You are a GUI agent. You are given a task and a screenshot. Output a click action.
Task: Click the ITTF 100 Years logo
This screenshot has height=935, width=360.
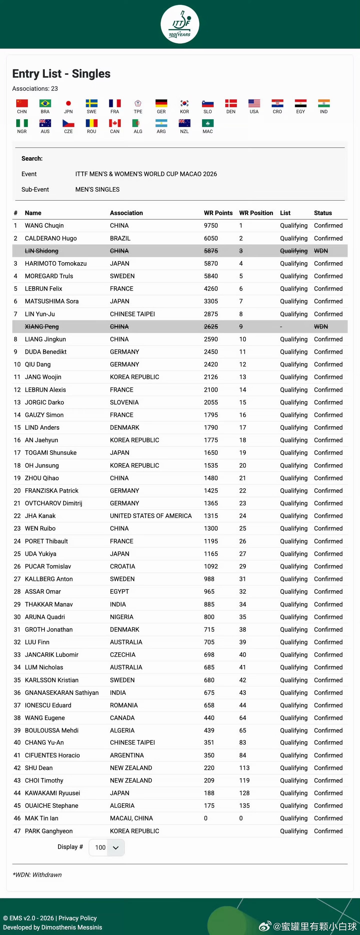tap(180, 24)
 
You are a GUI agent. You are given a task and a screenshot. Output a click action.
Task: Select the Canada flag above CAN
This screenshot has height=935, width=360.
tap(115, 123)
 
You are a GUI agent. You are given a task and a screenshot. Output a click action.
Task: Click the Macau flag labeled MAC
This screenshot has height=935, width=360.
tap(207, 123)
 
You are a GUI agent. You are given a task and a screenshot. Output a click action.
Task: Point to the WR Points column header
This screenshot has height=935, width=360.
tap(218, 213)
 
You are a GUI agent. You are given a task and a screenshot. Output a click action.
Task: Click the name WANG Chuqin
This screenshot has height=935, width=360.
tap(44, 225)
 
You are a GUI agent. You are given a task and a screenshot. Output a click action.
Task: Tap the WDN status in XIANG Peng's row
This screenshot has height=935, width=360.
tap(321, 327)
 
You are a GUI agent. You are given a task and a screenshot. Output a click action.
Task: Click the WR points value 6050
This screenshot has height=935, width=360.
tap(211, 238)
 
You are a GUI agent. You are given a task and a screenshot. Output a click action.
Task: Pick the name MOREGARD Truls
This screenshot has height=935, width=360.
tap(49, 276)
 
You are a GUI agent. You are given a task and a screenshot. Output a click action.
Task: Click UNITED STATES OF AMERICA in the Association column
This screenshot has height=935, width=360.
tap(150, 516)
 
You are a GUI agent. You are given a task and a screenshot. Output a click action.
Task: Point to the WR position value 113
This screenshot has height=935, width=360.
tap(244, 768)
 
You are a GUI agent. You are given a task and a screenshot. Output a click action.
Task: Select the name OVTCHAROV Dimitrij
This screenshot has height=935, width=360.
tap(53, 503)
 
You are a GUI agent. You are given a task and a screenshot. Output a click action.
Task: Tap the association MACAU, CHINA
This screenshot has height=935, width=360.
tap(131, 818)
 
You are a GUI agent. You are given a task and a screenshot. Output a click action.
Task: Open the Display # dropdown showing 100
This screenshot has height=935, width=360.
tap(107, 847)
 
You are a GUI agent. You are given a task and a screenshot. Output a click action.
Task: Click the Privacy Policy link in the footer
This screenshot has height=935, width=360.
tap(78, 918)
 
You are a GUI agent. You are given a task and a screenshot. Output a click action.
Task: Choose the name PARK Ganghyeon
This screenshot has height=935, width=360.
tap(49, 831)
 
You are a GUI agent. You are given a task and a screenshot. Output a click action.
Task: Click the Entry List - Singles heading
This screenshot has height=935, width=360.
tap(61, 74)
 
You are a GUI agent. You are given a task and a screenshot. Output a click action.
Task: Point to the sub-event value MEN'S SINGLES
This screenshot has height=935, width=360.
tap(97, 189)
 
